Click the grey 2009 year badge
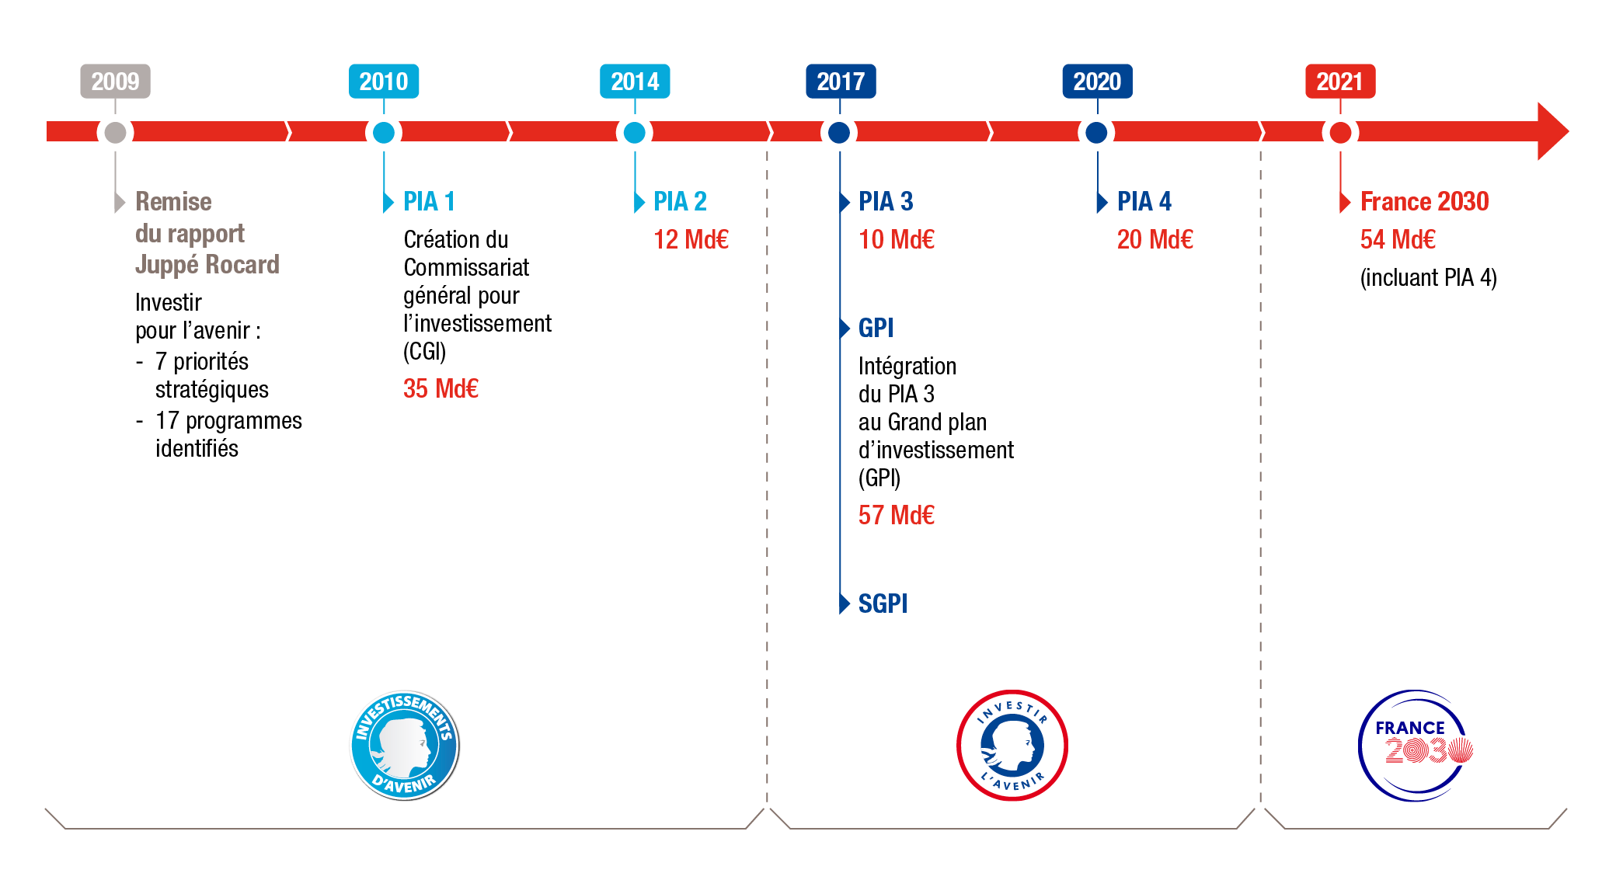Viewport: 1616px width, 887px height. point(115,82)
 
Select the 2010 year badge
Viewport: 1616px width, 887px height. point(384,82)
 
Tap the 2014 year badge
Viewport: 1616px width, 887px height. point(635,82)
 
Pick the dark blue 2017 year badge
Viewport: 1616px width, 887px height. point(841,82)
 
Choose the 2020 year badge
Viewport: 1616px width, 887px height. point(1097,82)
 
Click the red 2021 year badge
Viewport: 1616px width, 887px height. point(1340,82)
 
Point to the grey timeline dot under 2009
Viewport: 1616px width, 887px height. point(115,133)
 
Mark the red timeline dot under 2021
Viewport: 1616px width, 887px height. point(1340,133)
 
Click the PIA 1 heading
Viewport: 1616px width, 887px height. point(429,202)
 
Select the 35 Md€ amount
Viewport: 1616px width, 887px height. point(441,388)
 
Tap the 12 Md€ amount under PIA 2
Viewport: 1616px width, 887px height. point(691,239)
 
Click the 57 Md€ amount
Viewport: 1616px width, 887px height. point(896,515)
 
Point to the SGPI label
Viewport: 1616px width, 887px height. point(883,604)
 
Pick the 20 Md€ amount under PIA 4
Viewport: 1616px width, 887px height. point(1155,239)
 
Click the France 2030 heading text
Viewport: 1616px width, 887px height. point(1424,202)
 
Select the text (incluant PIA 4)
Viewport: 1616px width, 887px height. point(1428,277)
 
